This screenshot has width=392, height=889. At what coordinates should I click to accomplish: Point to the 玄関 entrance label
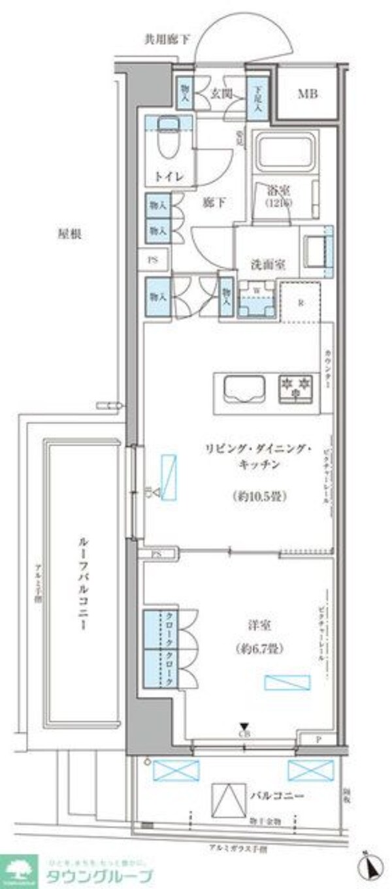pyautogui.click(x=219, y=93)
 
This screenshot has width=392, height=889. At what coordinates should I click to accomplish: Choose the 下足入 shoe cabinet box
pyautogui.click(x=255, y=97)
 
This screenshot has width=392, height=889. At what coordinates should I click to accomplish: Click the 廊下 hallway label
pyautogui.click(x=216, y=203)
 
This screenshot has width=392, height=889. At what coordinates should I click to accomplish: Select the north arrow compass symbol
pyautogui.click(x=370, y=867)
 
